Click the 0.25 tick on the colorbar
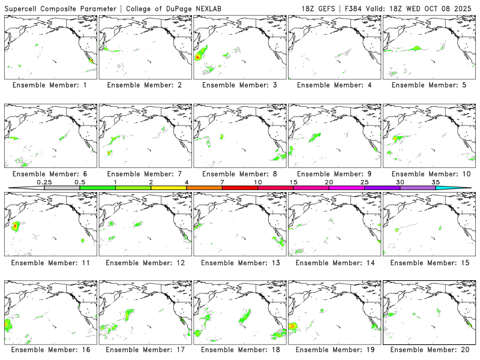point(44,182)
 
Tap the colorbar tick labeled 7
point(222,182)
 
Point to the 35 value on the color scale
point(436,182)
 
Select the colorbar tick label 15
point(293,182)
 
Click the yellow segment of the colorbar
point(169,188)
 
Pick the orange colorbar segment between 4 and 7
point(204,188)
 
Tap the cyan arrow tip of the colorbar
point(462,188)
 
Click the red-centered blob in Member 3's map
point(198,57)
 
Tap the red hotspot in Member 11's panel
point(14,226)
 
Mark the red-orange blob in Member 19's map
point(293,327)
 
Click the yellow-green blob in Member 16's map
point(8,326)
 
